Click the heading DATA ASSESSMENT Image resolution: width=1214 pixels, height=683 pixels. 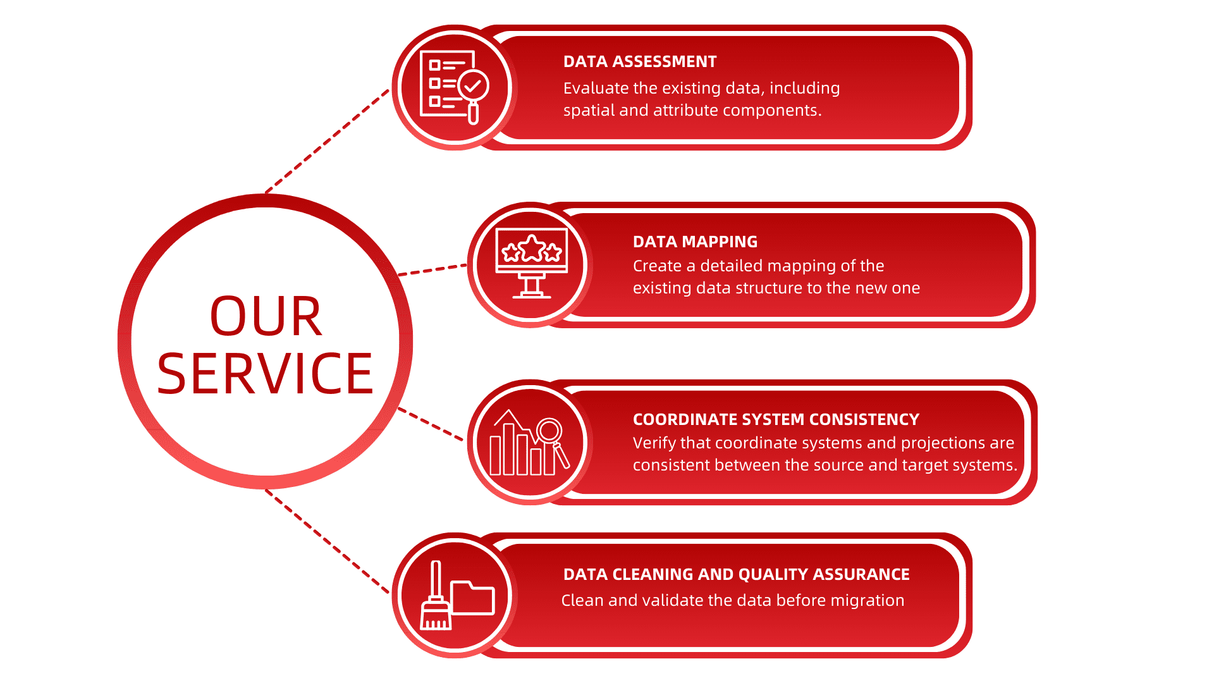click(x=640, y=61)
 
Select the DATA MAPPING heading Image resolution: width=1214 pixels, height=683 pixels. click(x=695, y=242)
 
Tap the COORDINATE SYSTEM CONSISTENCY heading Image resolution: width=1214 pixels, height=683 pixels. click(x=776, y=419)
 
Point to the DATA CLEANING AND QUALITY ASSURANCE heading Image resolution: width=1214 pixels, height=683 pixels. click(x=736, y=574)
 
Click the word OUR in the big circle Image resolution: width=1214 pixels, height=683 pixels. click(x=266, y=316)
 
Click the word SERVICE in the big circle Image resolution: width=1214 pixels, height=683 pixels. click(x=266, y=374)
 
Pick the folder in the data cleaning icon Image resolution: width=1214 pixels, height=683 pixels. click(x=472, y=598)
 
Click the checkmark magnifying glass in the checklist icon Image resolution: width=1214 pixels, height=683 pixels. click(x=473, y=95)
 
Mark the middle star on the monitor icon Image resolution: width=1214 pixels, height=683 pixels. click(x=532, y=248)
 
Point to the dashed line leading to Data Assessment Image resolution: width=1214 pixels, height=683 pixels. click(x=327, y=141)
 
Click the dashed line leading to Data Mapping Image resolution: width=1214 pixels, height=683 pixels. click(x=432, y=270)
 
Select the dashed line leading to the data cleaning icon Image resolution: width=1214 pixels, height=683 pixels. click(x=327, y=541)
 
